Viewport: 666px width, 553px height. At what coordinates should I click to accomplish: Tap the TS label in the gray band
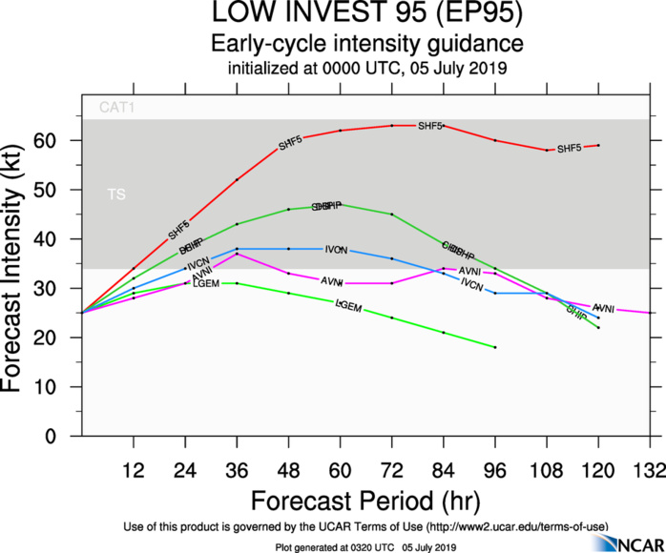click(x=115, y=195)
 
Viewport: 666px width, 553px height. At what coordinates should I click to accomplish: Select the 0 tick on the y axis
click(x=65, y=437)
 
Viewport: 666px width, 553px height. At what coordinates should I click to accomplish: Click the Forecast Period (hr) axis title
click(x=365, y=500)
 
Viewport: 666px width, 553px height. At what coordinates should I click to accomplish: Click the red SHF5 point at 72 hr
click(x=391, y=125)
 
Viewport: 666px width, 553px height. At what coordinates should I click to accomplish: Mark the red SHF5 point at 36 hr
click(x=237, y=179)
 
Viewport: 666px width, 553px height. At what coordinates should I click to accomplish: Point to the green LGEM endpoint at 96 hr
click(x=495, y=347)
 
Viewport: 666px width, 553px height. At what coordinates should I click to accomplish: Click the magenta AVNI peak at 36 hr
click(x=237, y=254)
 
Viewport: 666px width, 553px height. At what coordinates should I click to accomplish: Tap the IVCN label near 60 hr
click(x=336, y=249)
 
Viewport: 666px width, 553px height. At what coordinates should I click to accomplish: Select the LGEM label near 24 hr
click(x=206, y=284)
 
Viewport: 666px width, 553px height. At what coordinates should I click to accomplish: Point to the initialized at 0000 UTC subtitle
click(x=366, y=69)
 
